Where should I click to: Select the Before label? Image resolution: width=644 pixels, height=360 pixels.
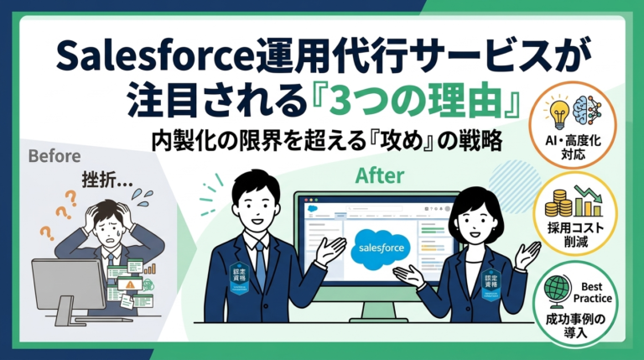(x=55, y=156)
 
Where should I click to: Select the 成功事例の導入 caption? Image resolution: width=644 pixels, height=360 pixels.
(x=575, y=325)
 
